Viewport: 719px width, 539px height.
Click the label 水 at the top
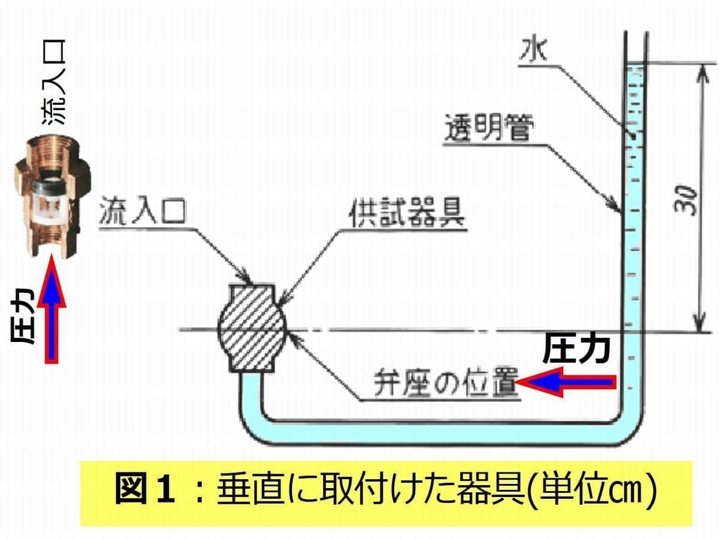533,50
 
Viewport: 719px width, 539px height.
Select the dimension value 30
685,200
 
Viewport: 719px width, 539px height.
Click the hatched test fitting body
252,328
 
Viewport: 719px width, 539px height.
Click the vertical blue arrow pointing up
52,308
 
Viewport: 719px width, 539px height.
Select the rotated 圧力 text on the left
22,315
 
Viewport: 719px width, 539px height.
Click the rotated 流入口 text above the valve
54,82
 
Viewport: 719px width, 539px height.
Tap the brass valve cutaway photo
52,196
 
